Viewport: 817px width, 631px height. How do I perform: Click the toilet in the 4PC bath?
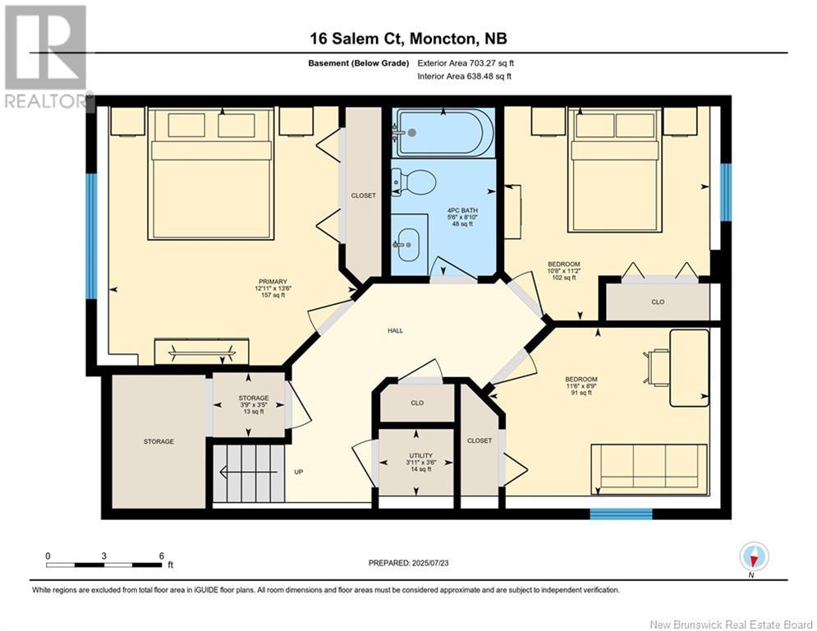414,182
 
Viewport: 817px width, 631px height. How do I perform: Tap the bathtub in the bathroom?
443,132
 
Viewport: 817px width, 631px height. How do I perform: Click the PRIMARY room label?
273,282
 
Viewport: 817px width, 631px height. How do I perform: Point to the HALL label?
395,330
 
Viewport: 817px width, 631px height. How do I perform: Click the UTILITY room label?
420,456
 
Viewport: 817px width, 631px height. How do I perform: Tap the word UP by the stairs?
299,472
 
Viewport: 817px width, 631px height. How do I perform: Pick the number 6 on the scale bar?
162,556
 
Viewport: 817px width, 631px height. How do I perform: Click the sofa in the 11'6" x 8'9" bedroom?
649,469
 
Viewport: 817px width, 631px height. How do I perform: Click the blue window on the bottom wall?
621,514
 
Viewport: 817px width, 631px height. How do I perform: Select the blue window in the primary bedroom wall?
92,237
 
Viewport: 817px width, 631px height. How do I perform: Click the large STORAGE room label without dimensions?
159,442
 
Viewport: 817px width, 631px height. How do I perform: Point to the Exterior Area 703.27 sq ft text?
466,63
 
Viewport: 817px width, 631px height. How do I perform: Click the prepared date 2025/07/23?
430,563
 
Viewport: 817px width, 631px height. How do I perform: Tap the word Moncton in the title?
443,39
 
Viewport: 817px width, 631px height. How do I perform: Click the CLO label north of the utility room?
417,403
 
